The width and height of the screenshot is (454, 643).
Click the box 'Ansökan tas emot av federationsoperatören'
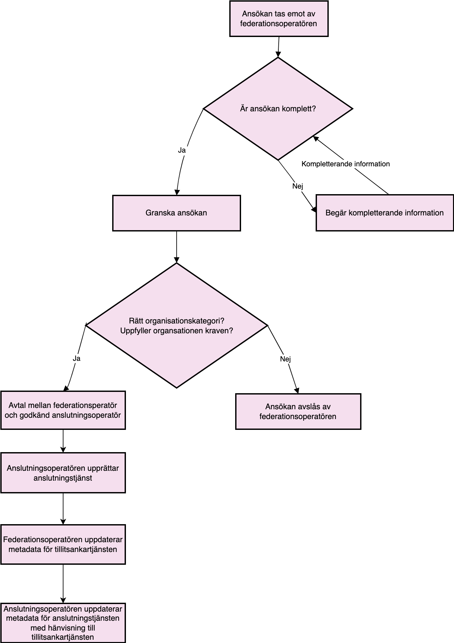point(279,19)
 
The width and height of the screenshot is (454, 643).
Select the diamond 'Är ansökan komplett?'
point(278,109)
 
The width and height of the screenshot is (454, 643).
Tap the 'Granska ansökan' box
point(177,213)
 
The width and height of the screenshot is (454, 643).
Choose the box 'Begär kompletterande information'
point(385,213)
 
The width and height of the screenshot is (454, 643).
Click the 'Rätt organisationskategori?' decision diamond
point(177,325)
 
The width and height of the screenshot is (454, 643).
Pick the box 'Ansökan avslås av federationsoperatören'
point(298,412)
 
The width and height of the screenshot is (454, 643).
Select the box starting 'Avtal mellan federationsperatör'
point(63,410)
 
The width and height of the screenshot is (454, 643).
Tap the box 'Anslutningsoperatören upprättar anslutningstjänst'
point(63,473)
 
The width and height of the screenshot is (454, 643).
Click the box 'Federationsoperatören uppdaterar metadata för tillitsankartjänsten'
point(63,544)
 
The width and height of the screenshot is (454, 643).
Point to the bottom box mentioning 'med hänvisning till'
point(63,623)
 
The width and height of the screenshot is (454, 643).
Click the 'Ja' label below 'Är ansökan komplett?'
point(182,150)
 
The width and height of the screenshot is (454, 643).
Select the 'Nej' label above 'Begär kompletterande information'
point(298,186)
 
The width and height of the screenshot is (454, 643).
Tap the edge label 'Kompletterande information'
point(346,164)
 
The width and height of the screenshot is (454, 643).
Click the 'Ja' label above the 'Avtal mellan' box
point(77,358)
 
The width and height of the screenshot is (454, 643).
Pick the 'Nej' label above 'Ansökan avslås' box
point(285,359)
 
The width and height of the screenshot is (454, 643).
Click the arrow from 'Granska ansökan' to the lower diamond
point(177,247)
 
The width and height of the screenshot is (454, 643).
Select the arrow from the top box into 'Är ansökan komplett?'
point(279,47)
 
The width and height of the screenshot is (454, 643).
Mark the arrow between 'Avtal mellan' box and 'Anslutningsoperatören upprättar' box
point(63,441)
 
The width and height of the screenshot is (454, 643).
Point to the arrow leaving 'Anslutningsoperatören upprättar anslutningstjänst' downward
point(63,509)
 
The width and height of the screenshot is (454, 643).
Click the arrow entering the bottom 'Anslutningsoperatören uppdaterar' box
point(63,584)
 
